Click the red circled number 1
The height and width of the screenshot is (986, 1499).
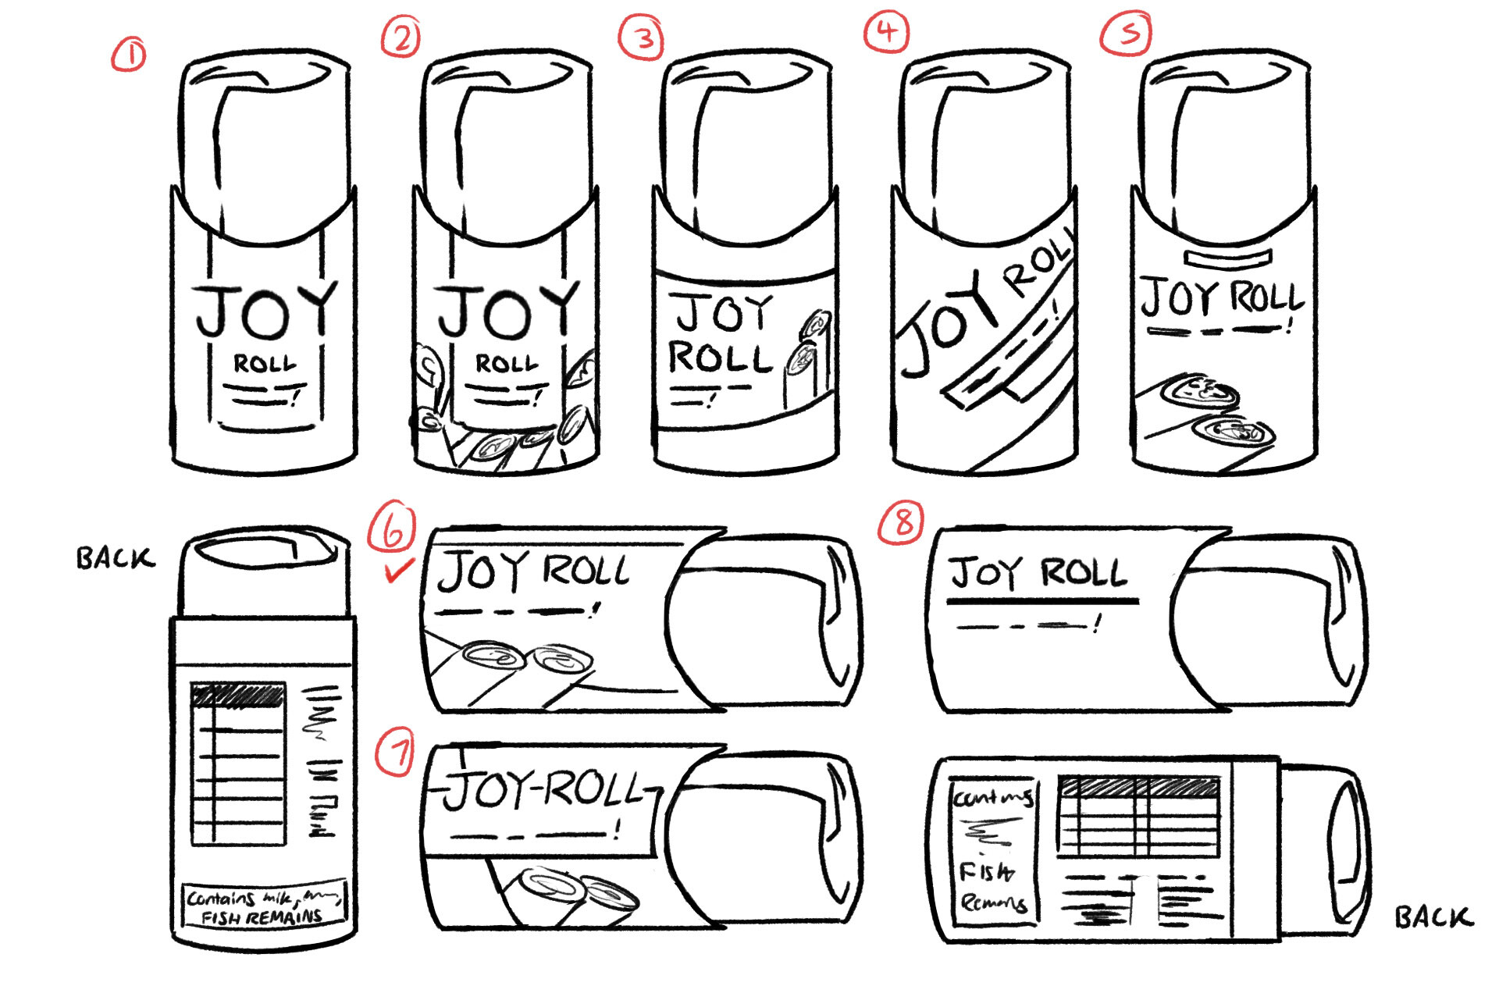pos(129,56)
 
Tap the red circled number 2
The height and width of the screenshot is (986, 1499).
pos(401,37)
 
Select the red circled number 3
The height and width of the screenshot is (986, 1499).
pos(642,37)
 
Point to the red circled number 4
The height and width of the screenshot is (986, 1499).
pos(886,32)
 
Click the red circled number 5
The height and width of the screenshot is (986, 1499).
pos(1127,33)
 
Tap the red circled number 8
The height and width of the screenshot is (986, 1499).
pos(902,521)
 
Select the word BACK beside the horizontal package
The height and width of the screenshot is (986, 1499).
pos(1433,917)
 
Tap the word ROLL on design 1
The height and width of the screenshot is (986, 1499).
pos(265,364)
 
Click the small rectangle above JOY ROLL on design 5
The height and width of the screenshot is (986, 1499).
pos(1228,257)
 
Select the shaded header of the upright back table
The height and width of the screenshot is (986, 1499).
pos(238,696)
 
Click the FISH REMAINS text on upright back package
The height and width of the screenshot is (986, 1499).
pos(262,917)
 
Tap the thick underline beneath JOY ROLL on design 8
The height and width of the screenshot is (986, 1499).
pos(1042,601)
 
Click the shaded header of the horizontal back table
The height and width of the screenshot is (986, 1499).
pos(1138,785)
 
